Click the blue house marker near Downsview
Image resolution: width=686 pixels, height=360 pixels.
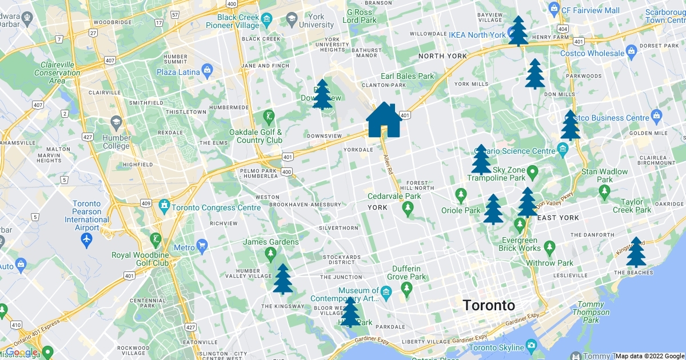point(384,120)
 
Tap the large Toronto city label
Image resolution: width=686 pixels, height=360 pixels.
point(489,305)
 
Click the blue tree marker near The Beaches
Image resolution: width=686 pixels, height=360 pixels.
point(636,253)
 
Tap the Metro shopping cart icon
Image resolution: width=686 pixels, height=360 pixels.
point(202,247)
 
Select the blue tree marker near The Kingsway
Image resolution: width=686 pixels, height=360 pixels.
point(283,279)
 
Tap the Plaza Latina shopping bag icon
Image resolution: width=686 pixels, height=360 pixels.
point(208,72)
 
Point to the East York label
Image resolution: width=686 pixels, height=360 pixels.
point(558,218)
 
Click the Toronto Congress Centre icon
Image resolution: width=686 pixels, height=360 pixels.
point(165,205)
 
